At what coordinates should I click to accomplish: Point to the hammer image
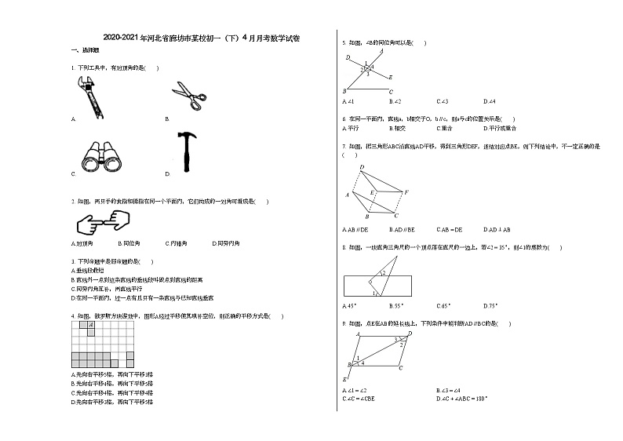tap(188, 151)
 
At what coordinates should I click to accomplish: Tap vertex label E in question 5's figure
tap(390, 78)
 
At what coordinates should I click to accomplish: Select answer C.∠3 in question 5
tap(442, 101)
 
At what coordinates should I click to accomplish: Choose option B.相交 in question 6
tap(398, 127)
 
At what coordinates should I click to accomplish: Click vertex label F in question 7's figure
tap(406, 191)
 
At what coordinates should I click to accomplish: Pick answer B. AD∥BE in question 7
tap(402, 230)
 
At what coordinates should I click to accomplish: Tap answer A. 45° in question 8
tap(350, 305)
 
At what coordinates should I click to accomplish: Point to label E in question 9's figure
tap(345, 379)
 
